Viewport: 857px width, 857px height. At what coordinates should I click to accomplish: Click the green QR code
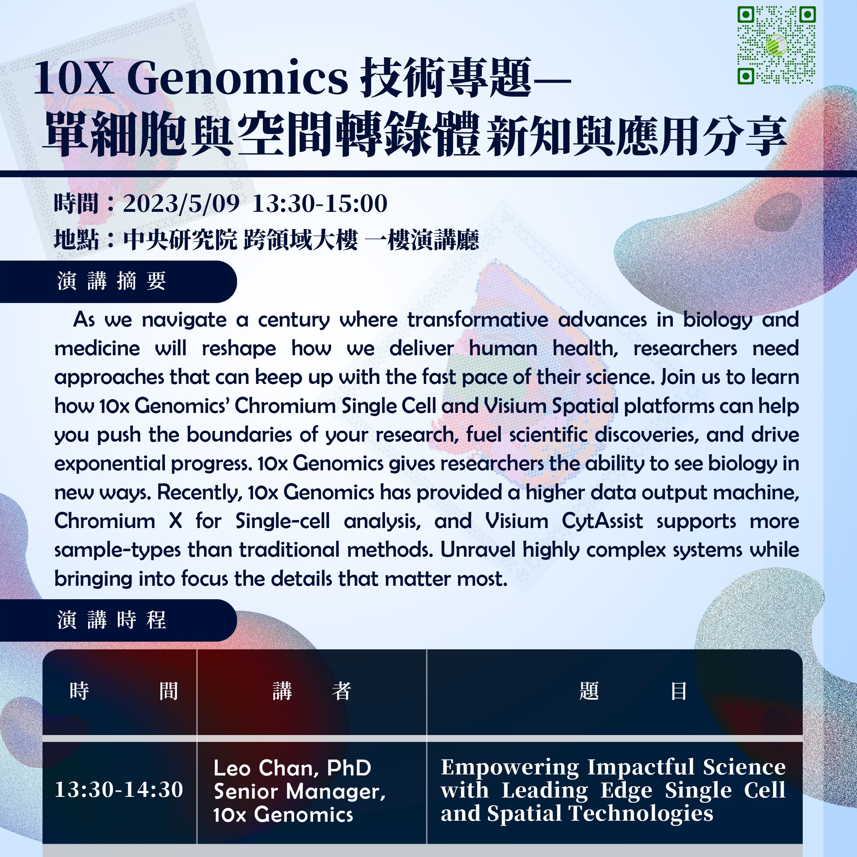coord(776,45)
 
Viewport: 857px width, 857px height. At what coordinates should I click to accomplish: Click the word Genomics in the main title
coord(237,78)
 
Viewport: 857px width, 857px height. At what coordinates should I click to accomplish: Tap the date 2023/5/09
coord(181,203)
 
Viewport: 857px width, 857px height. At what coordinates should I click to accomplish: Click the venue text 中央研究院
coord(180,240)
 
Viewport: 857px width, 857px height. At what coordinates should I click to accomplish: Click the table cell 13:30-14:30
coord(119,790)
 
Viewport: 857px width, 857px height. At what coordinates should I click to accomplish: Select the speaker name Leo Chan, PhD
coord(292,768)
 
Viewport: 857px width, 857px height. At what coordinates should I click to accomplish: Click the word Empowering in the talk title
coord(510,768)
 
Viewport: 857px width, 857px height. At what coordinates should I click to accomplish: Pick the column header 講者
coord(312,691)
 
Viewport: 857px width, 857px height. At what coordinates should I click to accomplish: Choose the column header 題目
coord(633,691)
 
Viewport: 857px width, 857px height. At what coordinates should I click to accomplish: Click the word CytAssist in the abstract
coord(602,521)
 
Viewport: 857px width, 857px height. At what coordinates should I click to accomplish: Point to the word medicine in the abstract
coord(97,348)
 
